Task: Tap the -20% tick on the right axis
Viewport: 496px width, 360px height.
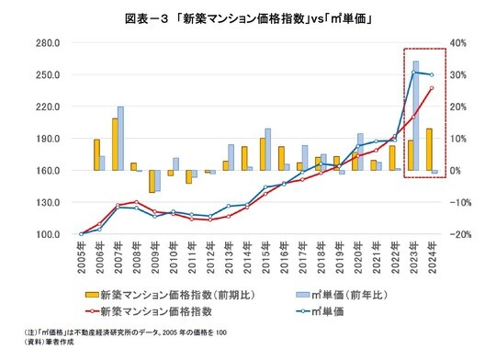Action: tap(461, 234)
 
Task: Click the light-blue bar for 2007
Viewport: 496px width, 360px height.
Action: tap(120, 138)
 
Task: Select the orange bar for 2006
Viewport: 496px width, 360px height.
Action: tap(96, 154)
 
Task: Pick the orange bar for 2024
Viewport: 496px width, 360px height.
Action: tap(429, 149)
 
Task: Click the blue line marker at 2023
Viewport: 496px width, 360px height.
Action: tap(414, 72)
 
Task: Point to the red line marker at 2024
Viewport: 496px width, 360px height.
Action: tap(432, 88)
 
